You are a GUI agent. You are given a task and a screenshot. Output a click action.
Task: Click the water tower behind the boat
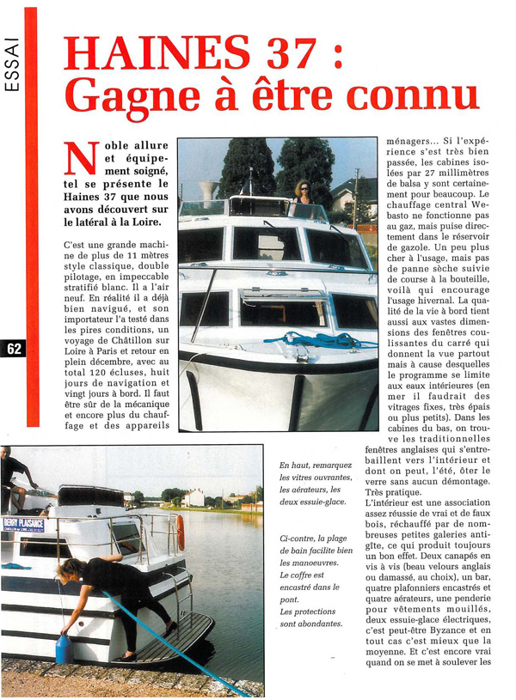coord(207,189)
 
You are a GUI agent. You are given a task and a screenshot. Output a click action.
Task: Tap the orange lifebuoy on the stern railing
coord(181,533)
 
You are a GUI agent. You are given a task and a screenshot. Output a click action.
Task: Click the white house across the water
coord(194,498)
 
